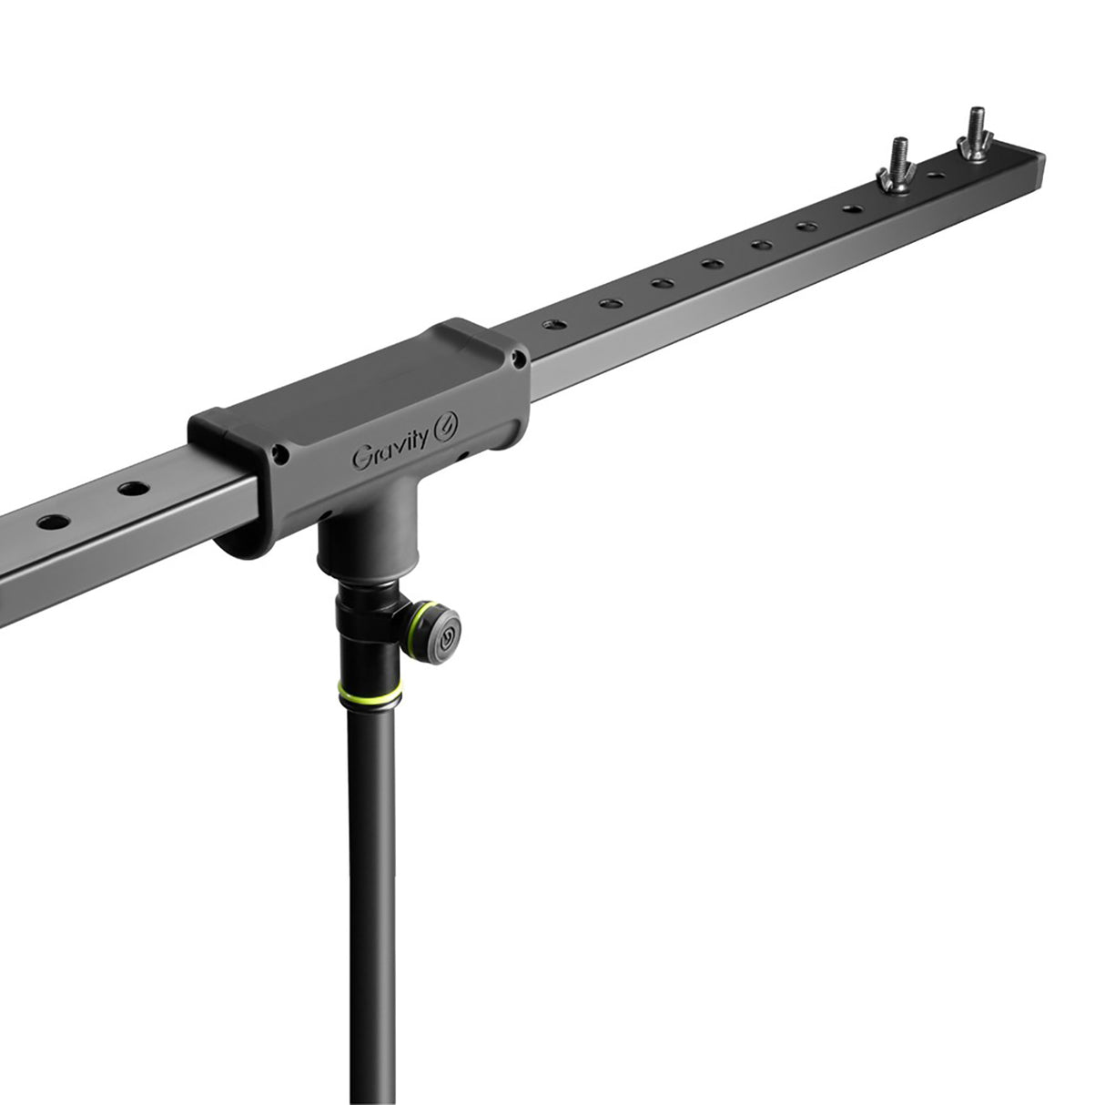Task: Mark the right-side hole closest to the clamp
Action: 552,324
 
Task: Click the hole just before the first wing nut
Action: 852,208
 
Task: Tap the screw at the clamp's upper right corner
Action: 520,360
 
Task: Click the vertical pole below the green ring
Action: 371,865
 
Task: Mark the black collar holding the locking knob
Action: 369,628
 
